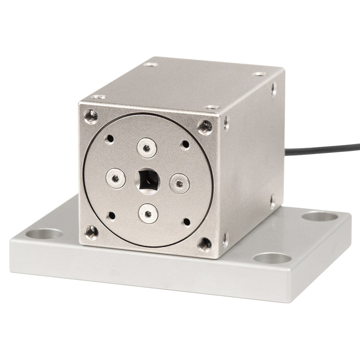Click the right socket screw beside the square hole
tap(179, 183)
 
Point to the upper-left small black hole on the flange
tap(109, 139)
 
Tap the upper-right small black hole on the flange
tap(185, 144)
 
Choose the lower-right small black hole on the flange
tap(185, 222)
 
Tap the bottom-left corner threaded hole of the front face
tap(92, 232)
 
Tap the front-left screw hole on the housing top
tap(98, 97)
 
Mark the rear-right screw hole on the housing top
tap(259, 74)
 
